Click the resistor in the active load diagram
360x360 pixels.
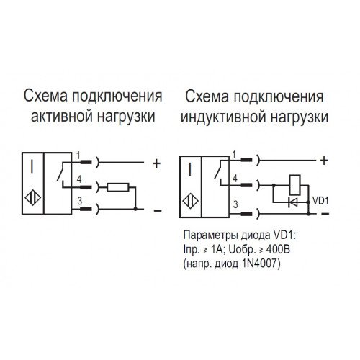coord(118,187)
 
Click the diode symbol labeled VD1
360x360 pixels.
coord(293,202)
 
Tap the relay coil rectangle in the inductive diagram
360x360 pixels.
coord(295,185)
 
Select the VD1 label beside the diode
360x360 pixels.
coord(320,201)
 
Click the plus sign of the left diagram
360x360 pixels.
coord(156,163)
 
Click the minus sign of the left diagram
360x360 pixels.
coord(158,210)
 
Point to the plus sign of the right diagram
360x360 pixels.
coord(324,161)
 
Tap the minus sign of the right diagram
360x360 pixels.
coord(325,214)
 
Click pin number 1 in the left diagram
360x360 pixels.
coord(78,156)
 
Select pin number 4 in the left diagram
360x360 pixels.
coord(79,179)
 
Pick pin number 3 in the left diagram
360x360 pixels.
coord(80,201)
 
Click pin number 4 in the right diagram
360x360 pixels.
coord(235,179)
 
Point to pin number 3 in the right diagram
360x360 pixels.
coord(235,204)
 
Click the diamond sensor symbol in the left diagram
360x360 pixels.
coord(33,198)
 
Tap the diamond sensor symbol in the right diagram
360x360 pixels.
coord(191,201)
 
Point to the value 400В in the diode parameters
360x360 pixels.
coord(278,250)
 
